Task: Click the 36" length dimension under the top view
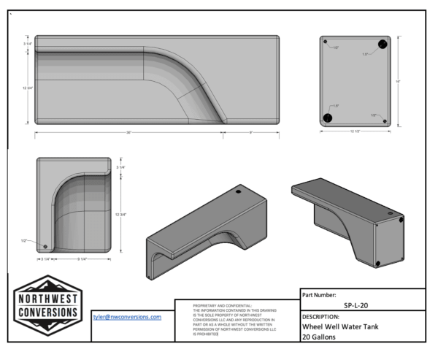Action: coord(128,133)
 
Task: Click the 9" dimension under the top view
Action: coord(251,133)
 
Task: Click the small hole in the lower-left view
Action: coord(46,245)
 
